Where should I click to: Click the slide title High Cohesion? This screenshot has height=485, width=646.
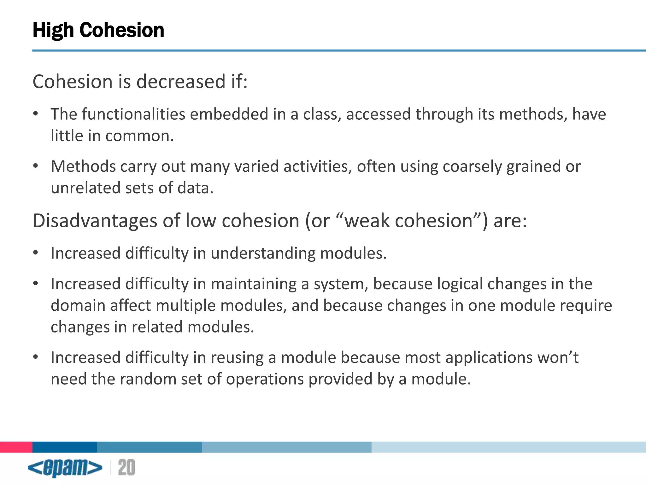[98, 30]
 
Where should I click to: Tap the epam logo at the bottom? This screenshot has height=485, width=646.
[65, 468]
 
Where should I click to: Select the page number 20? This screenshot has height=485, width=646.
[126, 468]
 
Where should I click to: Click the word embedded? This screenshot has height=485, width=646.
[229, 114]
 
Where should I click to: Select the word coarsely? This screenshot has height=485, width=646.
[472, 166]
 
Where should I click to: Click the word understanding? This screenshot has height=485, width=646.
[263, 253]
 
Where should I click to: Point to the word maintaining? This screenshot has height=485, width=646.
[254, 284]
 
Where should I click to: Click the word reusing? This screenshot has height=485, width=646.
[237, 357]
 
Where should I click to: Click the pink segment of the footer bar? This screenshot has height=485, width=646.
[16, 447]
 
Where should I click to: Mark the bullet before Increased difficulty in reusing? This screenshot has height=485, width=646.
[36, 357]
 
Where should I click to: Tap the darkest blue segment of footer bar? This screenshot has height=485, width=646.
[65, 447]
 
